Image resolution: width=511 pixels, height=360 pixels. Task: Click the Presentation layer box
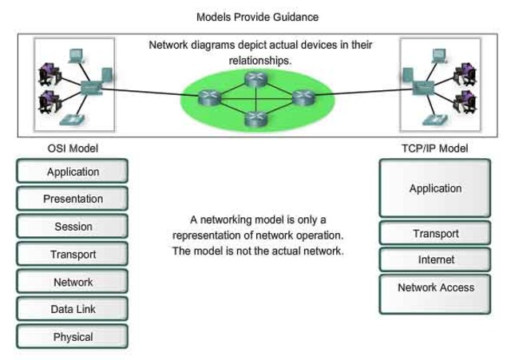coord(72,199)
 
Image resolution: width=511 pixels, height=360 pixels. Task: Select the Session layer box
coord(72,227)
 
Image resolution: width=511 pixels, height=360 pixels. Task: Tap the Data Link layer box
coord(72,309)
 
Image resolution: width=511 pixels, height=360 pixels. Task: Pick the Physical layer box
coord(72,337)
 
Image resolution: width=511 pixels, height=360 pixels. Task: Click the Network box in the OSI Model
coord(72,282)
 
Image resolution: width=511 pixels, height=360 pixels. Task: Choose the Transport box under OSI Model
coord(72,255)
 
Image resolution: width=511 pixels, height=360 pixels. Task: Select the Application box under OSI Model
coord(72,172)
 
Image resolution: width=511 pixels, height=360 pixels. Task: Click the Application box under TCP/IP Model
coord(435,188)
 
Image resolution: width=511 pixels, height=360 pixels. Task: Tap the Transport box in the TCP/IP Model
coord(435,234)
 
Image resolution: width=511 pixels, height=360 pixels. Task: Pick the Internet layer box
coord(435,259)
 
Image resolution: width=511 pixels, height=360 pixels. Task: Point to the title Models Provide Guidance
coord(255,16)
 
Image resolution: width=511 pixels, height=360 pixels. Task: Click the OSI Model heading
coord(73,148)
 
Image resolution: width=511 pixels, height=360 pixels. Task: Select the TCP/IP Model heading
coord(434,148)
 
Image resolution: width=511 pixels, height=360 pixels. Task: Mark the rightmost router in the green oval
coord(302,97)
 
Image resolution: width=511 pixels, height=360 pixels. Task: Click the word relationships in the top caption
coord(260,60)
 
